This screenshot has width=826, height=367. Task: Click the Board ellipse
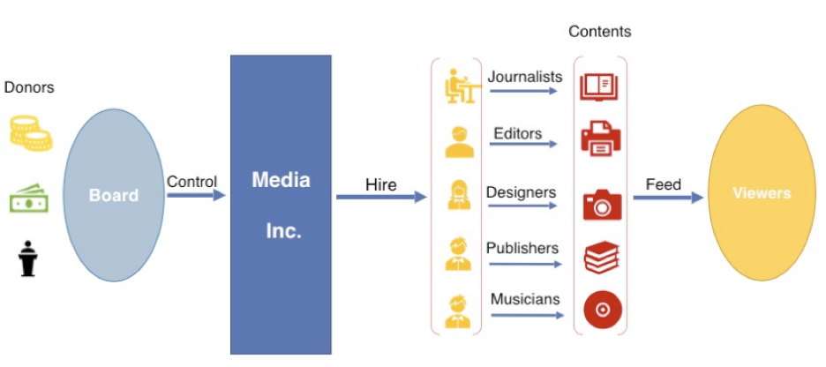click(x=114, y=195)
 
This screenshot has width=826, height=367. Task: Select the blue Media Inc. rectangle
click(x=281, y=205)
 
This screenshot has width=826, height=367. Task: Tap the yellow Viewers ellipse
click(x=762, y=193)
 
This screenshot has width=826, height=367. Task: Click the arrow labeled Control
click(x=196, y=196)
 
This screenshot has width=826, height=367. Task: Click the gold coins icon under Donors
click(x=30, y=132)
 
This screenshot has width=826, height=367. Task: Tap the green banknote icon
click(x=30, y=198)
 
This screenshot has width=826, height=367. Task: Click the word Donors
click(x=29, y=87)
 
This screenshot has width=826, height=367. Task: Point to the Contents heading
click(x=600, y=32)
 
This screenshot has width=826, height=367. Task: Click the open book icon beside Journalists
click(x=600, y=87)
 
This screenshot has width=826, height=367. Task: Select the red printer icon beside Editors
click(x=601, y=139)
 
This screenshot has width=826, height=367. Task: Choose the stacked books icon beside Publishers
click(x=602, y=258)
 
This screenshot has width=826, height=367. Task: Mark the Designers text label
click(x=522, y=191)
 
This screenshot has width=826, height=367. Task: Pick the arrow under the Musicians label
click(x=526, y=315)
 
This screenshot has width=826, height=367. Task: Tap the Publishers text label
click(x=523, y=248)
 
